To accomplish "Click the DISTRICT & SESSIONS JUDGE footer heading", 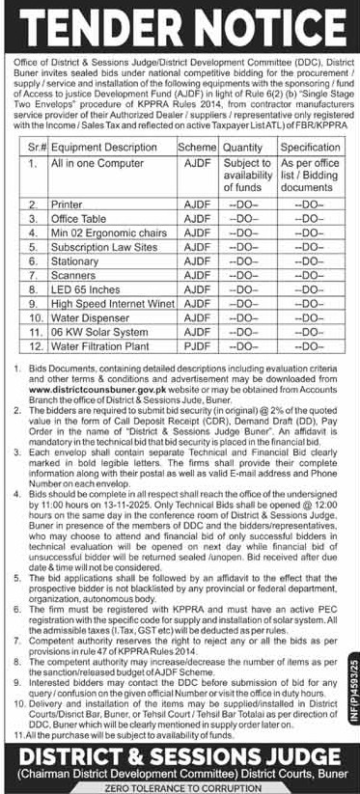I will tap(180, 753).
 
